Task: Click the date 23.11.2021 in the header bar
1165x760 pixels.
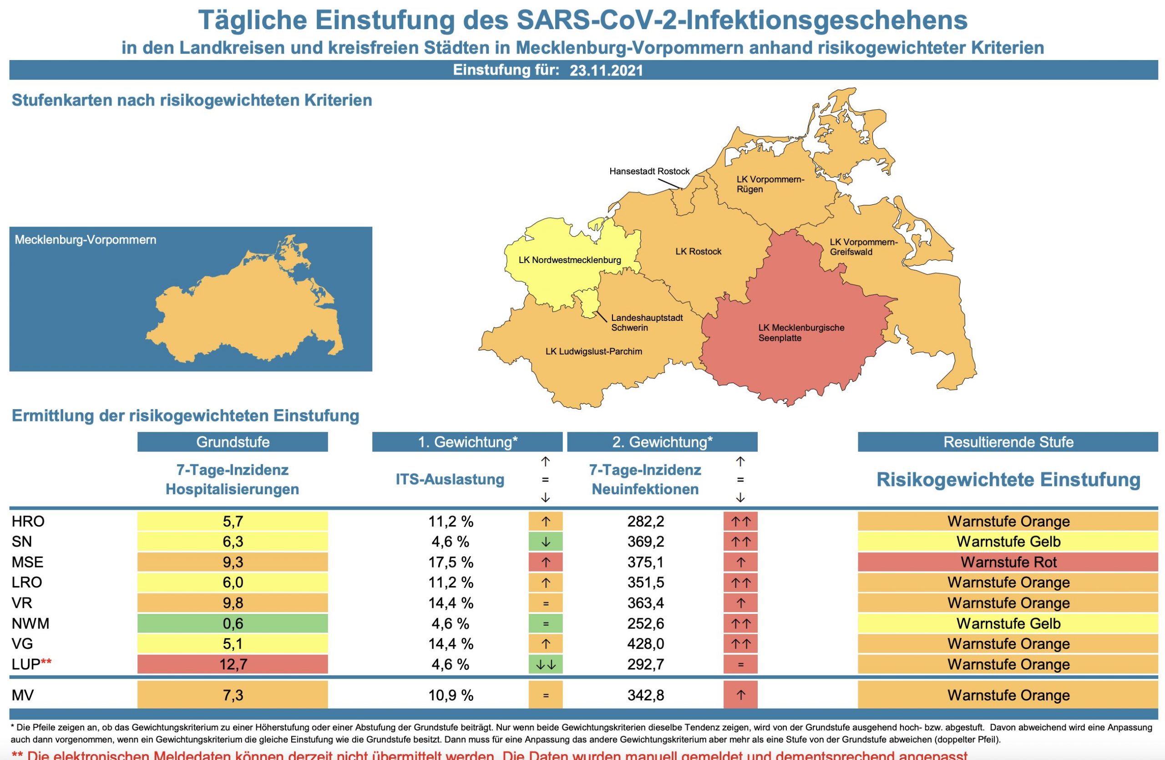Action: (x=606, y=71)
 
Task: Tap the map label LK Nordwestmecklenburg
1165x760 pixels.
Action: (x=569, y=260)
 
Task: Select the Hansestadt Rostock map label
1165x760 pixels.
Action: (x=649, y=171)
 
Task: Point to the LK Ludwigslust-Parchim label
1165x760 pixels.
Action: (x=593, y=351)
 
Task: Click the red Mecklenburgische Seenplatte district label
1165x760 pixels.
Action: (x=801, y=333)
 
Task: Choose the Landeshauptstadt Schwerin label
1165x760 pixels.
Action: (x=646, y=323)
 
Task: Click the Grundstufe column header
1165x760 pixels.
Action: (x=233, y=442)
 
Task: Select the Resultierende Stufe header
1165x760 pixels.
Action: (x=1008, y=442)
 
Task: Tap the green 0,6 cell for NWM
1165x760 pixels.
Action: (x=233, y=623)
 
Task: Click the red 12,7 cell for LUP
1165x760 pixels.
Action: (x=233, y=664)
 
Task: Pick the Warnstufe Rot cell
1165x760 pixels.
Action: (x=1008, y=562)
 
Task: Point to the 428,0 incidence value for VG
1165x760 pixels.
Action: (x=646, y=643)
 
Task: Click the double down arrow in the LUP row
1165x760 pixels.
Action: (x=545, y=664)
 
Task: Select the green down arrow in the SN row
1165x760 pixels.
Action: (x=545, y=542)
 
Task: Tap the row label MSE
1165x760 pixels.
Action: (x=27, y=562)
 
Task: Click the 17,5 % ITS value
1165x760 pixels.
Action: (x=451, y=562)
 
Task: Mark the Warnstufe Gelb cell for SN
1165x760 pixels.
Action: (x=1008, y=542)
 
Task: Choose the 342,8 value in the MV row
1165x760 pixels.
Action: (x=646, y=695)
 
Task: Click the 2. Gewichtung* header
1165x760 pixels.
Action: (x=662, y=442)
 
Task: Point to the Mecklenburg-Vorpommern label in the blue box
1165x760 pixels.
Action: (x=86, y=240)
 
